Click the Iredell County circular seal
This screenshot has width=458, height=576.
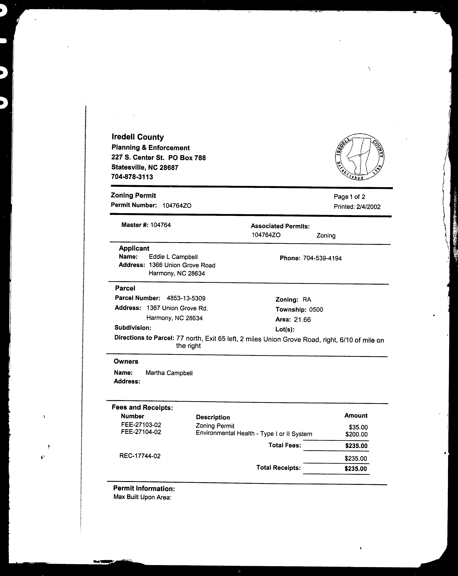tap(360, 157)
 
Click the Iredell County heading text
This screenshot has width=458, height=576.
tap(138, 137)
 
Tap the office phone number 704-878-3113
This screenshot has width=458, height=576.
tap(132, 177)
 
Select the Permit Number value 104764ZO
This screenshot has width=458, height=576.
tap(177, 205)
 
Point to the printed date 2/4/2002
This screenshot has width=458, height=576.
tap(368, 207)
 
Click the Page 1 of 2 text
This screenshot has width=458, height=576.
tap(349, 197)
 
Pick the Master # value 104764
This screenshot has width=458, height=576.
tap(160, 225)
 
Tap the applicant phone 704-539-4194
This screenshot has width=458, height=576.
tap(322, 258)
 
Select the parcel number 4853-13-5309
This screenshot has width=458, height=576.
tap(186, 298)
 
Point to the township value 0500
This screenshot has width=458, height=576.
tap(316, 310)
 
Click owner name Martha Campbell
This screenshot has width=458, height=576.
tap(169, 373)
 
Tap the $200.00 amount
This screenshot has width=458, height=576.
tap(356, 434)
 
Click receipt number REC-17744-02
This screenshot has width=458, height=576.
tap(140, 456)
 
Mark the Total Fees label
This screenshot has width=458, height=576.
tap(284, 445)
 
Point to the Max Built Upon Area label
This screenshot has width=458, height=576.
tap(142, 497)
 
